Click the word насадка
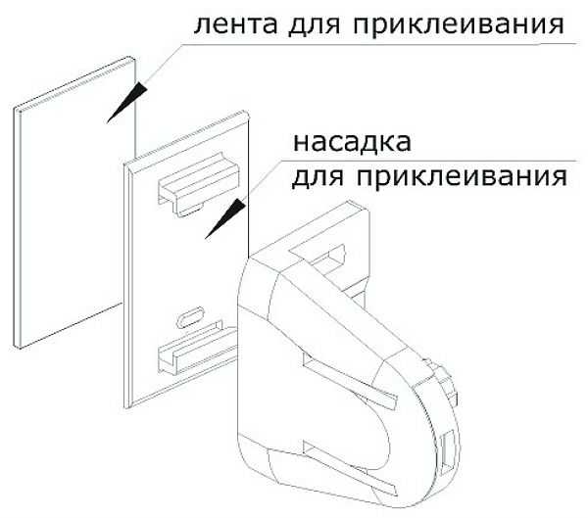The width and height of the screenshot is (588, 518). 352,142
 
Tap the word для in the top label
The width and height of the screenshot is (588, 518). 315,24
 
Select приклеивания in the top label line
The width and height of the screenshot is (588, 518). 459,24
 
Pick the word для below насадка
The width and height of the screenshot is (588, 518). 318,176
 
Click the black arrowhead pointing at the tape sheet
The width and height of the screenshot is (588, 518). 126,102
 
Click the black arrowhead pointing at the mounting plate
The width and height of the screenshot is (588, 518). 225,218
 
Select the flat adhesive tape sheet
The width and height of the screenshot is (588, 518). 73,203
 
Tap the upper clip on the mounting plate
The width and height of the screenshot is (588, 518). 198,184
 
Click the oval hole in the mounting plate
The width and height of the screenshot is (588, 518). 190,317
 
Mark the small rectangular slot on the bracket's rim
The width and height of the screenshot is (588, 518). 448,451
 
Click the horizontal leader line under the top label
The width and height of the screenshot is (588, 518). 378,44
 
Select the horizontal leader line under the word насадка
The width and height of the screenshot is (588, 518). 428,162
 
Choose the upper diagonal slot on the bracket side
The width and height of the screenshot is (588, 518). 349,381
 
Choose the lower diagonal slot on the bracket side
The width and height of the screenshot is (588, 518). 349,468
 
